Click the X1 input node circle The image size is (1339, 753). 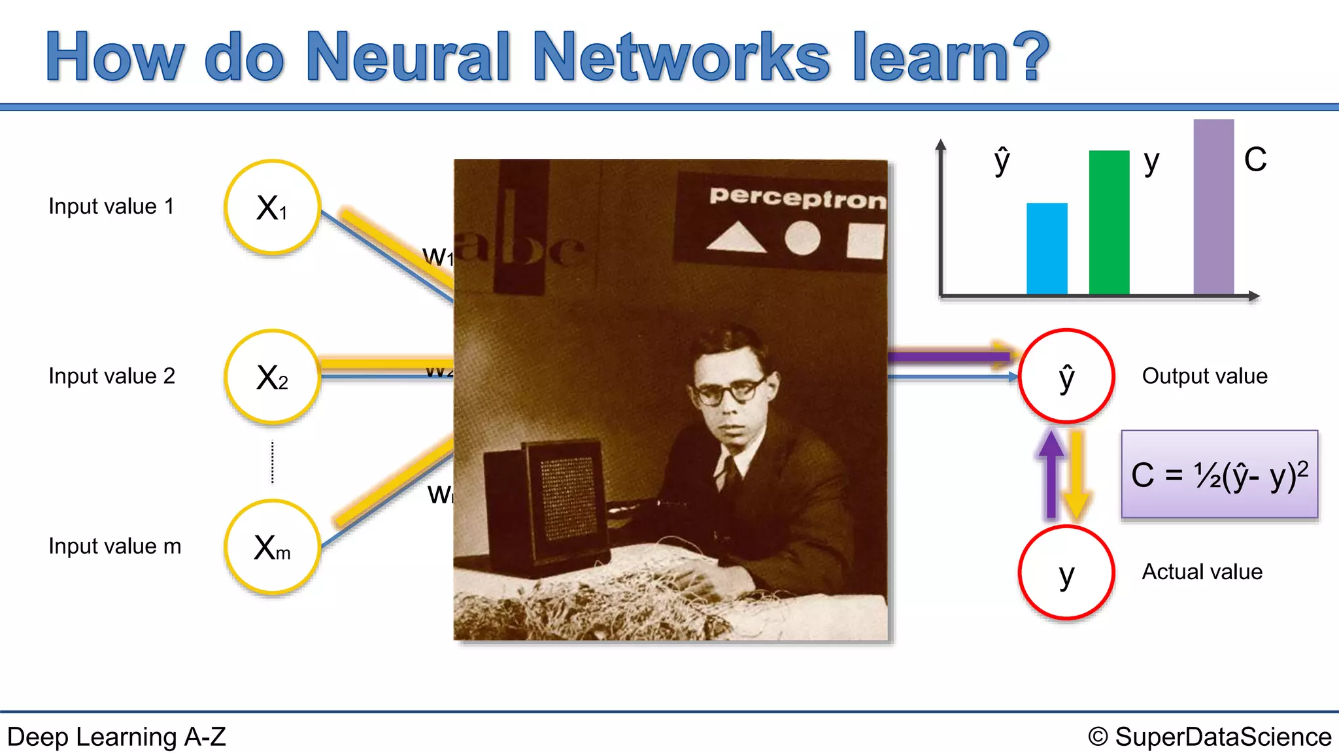pos(272,207)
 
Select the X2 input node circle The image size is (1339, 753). pos(272,377)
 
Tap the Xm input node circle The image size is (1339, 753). pos(272,547)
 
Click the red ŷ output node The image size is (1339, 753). pos(1066,376)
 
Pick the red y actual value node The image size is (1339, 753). pos(1066,573)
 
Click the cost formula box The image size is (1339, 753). pos(1219,475)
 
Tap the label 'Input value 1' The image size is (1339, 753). pos(112,207)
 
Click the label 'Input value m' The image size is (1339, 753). pos(115,546)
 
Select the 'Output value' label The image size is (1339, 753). pos(1204,376)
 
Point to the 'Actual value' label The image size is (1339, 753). pos(1202,572)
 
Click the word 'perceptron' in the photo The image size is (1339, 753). pos(797,197)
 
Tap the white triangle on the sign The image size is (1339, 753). pos(736,238)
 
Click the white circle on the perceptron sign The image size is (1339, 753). pos(802,238)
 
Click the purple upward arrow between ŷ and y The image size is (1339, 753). pos(1051,474)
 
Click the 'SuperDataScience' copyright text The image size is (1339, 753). pos(1223,737)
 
